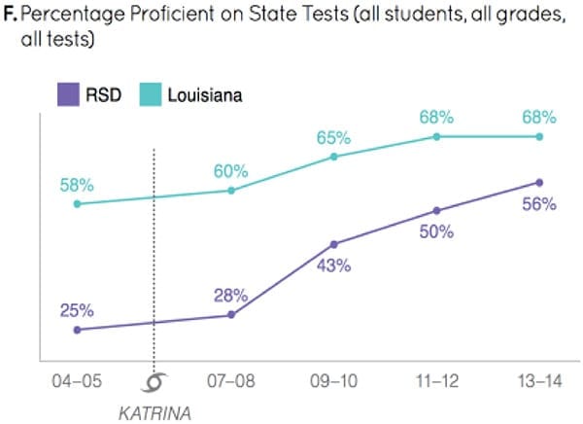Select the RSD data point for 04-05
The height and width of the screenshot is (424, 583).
77,330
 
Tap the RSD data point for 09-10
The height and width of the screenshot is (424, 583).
334,244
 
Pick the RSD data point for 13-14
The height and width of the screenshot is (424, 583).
539,182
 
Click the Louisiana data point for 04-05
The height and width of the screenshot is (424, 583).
77,204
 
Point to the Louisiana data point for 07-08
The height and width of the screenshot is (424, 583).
231,191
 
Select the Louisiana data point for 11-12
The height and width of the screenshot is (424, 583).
436,136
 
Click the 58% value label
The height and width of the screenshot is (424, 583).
75,185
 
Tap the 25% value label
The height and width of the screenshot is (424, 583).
75,310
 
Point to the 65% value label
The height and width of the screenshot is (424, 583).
333,137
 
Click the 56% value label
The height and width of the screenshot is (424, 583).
537,204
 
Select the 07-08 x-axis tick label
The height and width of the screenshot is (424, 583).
231,381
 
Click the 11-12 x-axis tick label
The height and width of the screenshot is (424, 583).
436,381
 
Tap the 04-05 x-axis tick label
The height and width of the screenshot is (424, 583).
76,381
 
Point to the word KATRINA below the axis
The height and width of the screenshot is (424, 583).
154,411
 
